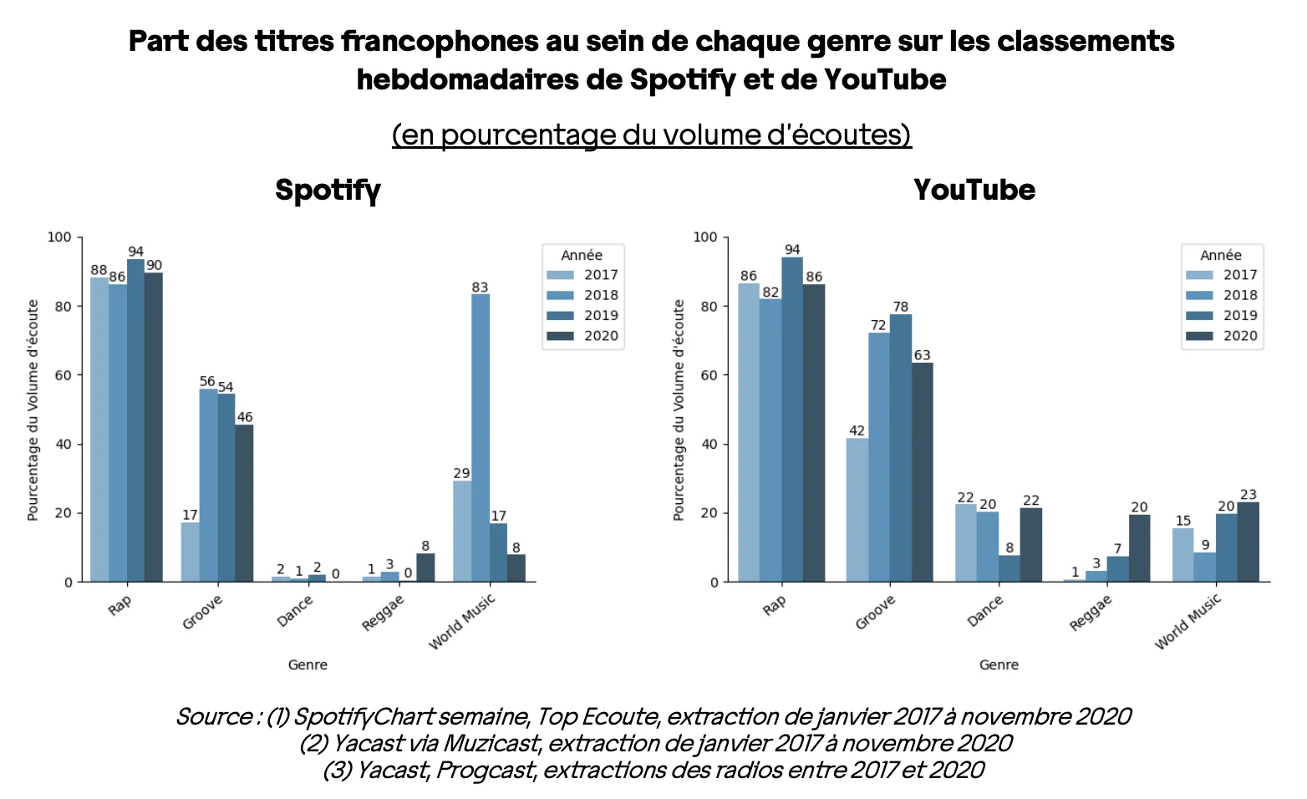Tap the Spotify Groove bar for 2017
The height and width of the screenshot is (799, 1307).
[x=190, y=552]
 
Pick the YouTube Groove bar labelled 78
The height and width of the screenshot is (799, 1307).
[x=900, y=448]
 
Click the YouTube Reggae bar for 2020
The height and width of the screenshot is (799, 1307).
[x=1139, y=548]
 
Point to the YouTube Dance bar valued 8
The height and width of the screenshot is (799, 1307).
[x=1009, y=568]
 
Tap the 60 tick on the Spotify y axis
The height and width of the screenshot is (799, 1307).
[x=64, y=375]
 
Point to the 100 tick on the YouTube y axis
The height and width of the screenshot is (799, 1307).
[x=705, y=237]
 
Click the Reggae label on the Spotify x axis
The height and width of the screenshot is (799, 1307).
[x=383, y=613]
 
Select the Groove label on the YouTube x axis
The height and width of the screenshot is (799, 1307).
[x=875, y=613]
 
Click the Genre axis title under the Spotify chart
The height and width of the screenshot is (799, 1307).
[x=308, y=665]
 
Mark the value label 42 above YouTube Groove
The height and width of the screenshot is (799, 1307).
[x=857, y=431]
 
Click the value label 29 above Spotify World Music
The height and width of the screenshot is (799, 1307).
[x=461, y=474]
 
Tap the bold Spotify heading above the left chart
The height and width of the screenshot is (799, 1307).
[x=328, y=191]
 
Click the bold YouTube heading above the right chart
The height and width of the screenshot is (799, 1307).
[x=974, y=191]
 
